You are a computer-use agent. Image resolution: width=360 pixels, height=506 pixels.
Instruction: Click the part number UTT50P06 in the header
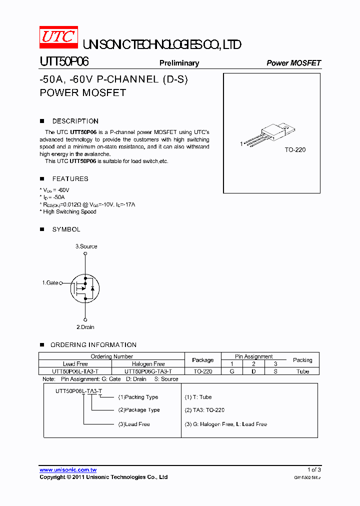click(64, 62)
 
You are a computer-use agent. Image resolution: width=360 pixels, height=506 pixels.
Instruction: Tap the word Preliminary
click(179, 63)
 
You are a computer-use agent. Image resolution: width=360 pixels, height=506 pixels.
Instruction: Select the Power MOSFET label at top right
click(293, 63)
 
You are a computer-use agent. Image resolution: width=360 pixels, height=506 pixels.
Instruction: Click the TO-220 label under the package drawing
click(295, 150)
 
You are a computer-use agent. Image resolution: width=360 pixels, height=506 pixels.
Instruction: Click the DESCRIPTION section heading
click(75, 121)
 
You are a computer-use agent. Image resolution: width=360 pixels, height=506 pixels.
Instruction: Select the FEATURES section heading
click(70, 178)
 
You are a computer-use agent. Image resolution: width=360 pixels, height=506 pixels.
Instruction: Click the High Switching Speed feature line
click(68, 211)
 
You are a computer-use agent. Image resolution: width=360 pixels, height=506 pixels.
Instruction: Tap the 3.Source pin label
click(86, 246)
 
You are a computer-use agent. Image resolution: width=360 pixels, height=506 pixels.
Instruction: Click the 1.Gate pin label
click(50, 283)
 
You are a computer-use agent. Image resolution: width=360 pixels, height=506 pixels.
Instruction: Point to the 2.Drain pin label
click(85, 327)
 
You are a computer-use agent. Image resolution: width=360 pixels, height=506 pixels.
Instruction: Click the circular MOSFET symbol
click(85, 287)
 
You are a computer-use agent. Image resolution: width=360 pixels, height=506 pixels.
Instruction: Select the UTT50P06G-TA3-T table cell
click(148, 371)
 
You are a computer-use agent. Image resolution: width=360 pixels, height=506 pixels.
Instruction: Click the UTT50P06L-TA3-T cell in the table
click(75, 371)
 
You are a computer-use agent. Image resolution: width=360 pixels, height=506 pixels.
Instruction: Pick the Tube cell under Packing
click(302, 371)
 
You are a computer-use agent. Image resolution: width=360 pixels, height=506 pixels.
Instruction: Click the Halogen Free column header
click(148, 364)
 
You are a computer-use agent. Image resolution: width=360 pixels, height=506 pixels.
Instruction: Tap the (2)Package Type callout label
click(139, 410)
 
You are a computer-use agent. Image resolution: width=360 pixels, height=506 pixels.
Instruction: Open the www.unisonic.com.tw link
click(68, 470)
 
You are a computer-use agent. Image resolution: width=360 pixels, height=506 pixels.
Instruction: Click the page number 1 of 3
click(314, 470)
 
